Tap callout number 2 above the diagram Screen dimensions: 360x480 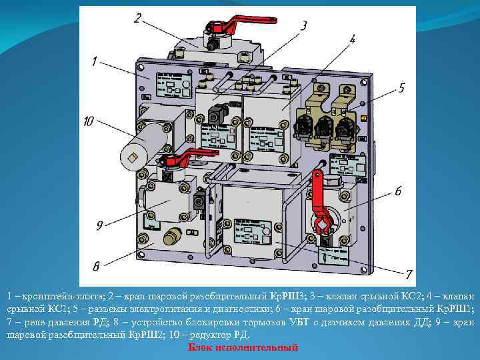(x=138, y=19)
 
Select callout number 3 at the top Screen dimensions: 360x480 (x=303, y=26)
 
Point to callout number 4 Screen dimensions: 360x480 (x=352, y=40)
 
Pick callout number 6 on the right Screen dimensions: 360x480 (x=398, y=191)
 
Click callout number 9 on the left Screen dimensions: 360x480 (x=99, y=225)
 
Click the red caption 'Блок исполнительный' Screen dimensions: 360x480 (x=242, y=348)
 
